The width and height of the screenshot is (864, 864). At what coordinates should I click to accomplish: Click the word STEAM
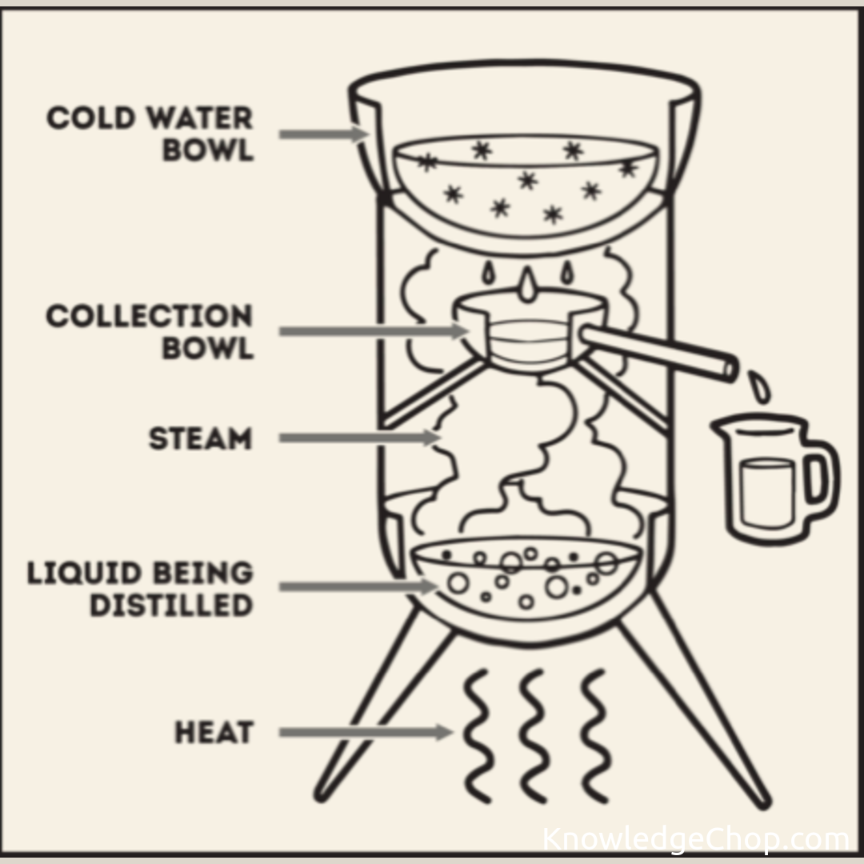coord(201,438)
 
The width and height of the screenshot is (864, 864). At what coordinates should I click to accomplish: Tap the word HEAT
coord(214,732)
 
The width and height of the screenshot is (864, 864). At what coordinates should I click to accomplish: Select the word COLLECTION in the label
coord(150,316)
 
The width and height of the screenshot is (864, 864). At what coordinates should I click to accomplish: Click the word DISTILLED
coord(171,605)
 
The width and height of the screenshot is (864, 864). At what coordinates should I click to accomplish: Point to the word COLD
coord(91,118)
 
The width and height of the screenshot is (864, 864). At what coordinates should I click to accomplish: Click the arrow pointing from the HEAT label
coord(366,732)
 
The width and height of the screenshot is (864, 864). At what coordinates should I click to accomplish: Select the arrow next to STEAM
coord(360,438)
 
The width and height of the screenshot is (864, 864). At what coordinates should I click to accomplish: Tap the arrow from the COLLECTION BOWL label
coord(374,331)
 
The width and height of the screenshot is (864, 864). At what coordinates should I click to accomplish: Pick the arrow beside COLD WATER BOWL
coord(324,134)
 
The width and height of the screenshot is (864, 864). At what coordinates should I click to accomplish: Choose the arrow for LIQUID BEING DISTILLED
coord(358,586)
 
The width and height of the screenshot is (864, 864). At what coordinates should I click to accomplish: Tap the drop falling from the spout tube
coord(759,386)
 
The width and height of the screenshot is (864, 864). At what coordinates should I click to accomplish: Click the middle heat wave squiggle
coord(534,736)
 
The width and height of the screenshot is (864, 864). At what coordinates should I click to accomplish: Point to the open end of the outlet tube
coord(730,369)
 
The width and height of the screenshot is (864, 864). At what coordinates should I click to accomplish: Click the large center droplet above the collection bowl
coord(527,286)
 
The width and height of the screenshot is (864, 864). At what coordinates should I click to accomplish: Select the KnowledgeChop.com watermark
coord(696,839)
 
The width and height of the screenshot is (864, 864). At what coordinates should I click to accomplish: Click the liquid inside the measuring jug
coord(767,493)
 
